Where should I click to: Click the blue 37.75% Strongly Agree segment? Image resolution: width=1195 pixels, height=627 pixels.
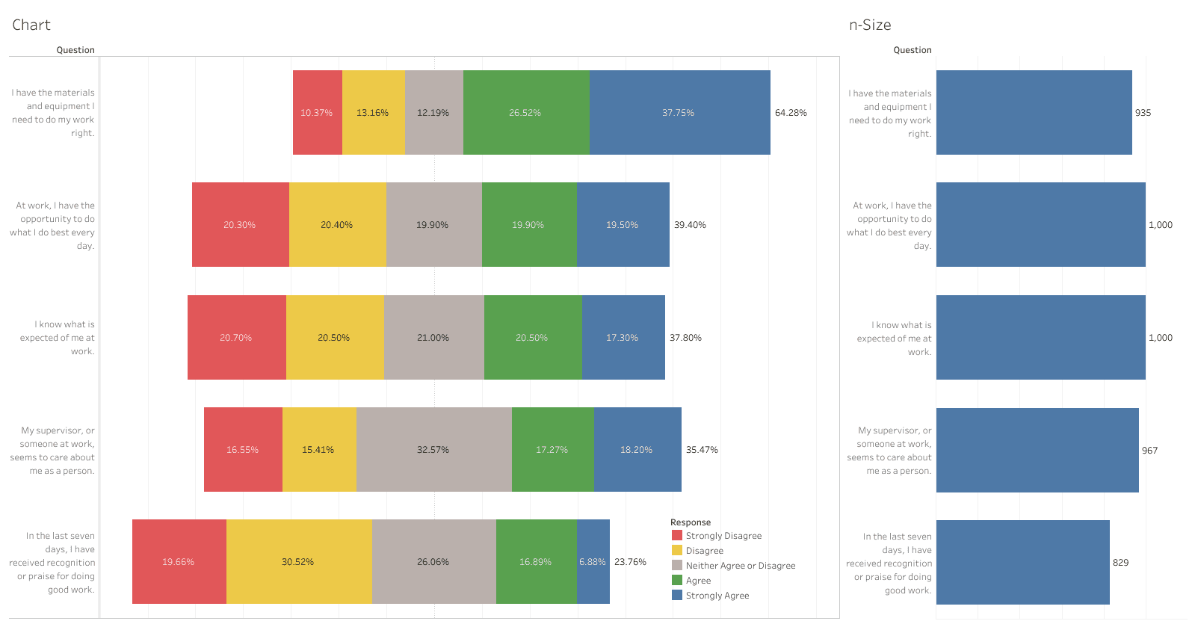click(x=679, y=113)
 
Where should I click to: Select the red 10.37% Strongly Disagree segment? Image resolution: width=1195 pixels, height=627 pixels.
click(x=317, y=113)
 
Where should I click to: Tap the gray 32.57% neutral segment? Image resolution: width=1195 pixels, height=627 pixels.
click(x=433, y=450)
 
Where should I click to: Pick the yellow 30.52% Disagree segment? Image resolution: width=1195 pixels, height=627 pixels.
click(x=298, y=562)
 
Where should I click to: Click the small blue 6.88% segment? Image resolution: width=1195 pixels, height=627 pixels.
click(x=593, y=562)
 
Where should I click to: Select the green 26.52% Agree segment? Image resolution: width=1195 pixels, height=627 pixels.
click(x=525, y=113)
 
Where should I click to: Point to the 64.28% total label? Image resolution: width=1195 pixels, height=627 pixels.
click(x=791, y=113)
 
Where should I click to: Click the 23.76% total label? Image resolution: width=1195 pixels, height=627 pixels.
click(x=630, y=562)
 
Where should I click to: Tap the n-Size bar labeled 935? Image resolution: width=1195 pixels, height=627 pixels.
click(x=1034, y=113)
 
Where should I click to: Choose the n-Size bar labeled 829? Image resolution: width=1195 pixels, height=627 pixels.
click(x=1022, y=562)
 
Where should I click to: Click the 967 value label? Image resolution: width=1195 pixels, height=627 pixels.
click(x=1149, y=451)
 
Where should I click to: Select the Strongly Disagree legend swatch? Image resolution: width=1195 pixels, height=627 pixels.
click(x=677, y=535)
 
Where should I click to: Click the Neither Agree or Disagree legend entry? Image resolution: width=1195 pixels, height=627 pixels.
click(x=740, y=566)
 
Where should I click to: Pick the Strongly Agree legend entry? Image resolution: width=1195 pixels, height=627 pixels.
click(x=717, y=596)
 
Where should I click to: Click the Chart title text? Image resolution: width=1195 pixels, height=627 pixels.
click(x=31, y=25)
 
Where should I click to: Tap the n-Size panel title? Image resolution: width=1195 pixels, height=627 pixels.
click(x=870, y=25)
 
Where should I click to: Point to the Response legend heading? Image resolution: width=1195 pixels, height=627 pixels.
click(x=691, y=522)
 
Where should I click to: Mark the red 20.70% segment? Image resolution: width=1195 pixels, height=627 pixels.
click(x=236, y=338)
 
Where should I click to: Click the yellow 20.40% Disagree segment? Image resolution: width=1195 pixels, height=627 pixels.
click(x=337, y=225)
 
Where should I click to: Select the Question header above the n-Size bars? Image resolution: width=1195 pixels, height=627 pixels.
click(x=913, y=50)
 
